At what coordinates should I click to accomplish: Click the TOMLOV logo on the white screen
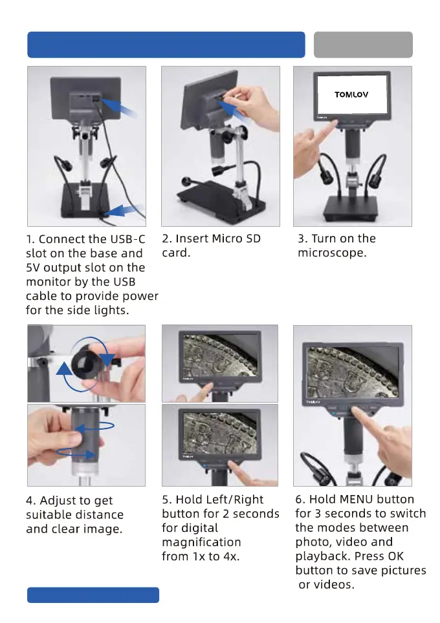coord(351,94)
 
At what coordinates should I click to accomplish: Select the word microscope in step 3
coord(332,253)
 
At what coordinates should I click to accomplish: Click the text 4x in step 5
coord(231,556)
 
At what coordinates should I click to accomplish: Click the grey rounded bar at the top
coord(363,45)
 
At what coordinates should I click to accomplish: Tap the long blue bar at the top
coord(166,45)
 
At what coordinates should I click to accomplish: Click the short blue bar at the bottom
coord(93,595)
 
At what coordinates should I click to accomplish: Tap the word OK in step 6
coord(395,556)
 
